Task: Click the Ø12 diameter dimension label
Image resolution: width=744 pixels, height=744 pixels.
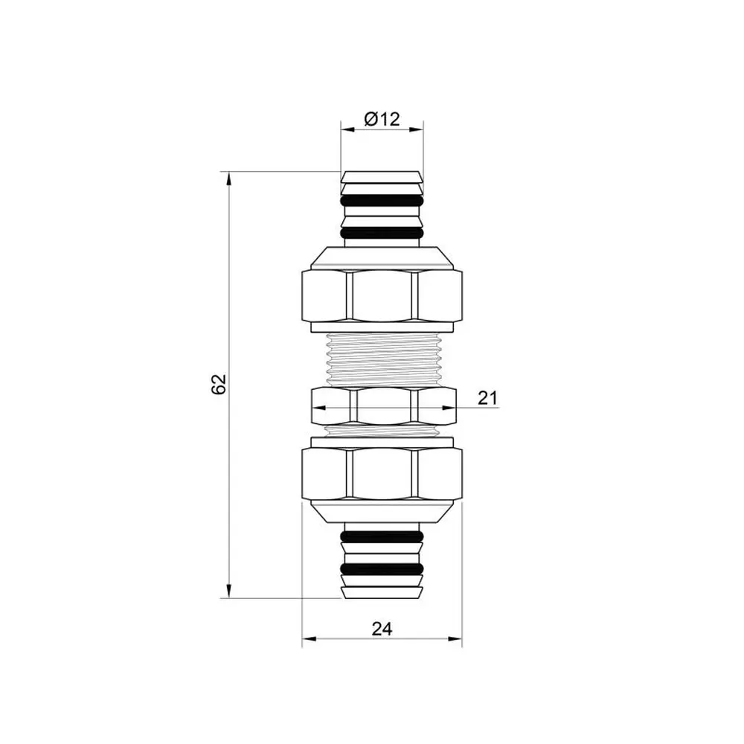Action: (382, 118)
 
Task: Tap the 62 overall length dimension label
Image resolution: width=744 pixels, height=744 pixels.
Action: (219, 385)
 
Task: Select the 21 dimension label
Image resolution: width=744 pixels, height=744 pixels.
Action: (488, 397)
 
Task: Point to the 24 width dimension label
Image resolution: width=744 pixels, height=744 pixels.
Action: (382, 629)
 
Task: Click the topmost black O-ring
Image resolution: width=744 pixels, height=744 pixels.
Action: (382, 201)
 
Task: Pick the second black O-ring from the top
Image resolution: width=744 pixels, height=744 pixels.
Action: (382, 233)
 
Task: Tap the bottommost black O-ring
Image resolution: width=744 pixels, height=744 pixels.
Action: (382, 568)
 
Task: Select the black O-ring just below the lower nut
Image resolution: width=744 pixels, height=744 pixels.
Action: (382, 536)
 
